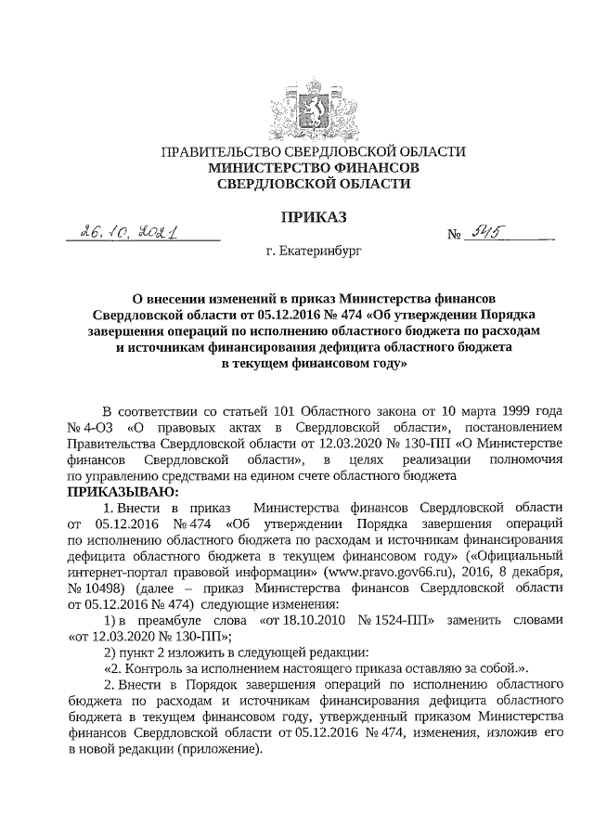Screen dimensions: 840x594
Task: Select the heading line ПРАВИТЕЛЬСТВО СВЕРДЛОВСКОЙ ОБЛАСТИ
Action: [313, 151]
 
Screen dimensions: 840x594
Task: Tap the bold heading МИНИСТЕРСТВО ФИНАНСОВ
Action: [313, 168]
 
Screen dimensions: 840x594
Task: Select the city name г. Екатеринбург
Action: [313, 251]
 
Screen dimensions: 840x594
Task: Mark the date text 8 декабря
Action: [527, 574]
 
